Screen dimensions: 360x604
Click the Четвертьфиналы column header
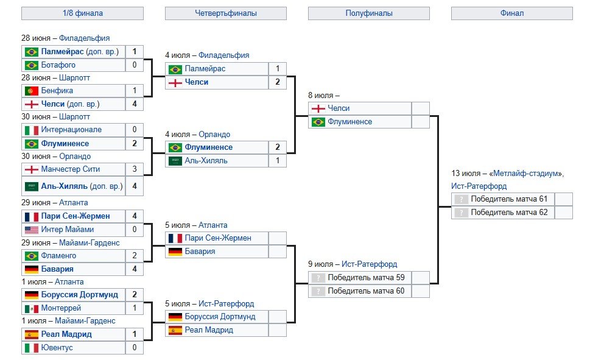click(x=225, y=13)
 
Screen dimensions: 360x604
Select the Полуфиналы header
click(x=368, y=13)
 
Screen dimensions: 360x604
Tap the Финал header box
click(x=511, y=13)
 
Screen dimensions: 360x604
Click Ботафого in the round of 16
click(x=58, y=65)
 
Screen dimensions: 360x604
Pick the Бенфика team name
click(x=57, y=91)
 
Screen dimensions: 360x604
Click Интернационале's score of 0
click(x=134, y=130)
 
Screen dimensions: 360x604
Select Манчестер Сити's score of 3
click(x=134, y=169)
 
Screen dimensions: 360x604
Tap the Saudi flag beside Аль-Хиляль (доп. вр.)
click(x=32, y=186)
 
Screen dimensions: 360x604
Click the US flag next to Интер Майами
click(x=32, y=230)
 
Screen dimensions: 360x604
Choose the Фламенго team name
click(x=60, y=256)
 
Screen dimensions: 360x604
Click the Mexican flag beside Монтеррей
click(x=32, y=308)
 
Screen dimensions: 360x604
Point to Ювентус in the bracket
click(x=57, y=348)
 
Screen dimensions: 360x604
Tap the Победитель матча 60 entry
click(x=367, y=291)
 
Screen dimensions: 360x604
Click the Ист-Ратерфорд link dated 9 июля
click(x=369, y=264)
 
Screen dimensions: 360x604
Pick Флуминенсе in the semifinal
click(x=349, y=122)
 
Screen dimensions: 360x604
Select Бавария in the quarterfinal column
click(x=200, y=252)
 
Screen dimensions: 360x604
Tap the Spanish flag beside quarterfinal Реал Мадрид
click(x=175, y=330)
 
